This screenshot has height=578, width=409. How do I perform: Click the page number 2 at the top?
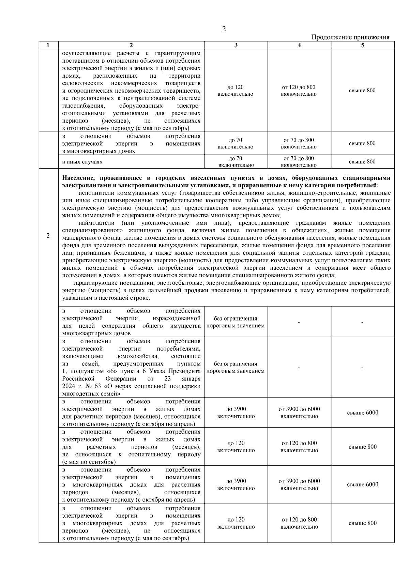(224, 29)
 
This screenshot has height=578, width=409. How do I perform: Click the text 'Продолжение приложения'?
(350, 37)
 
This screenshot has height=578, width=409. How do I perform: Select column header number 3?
(236, 45)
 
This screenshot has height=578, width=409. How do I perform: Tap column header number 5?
(362, 45)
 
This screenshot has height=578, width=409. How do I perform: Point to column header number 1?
(48, 45)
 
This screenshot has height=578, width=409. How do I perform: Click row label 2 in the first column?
(48, 236)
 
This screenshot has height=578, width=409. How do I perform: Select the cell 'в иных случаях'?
(82, 162)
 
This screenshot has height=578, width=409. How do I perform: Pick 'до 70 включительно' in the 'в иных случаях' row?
(236, 162)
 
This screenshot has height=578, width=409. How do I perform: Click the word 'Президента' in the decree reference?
(187, 371)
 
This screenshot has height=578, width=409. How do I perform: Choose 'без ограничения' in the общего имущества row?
(235, 319)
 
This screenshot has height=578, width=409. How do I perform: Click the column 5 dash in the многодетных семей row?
(362, 368)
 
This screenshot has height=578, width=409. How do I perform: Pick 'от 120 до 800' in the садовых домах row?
(299, 87)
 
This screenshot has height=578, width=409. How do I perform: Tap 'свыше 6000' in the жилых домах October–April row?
(362, 413)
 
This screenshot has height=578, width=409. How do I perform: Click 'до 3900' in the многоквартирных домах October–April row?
(236, 481)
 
